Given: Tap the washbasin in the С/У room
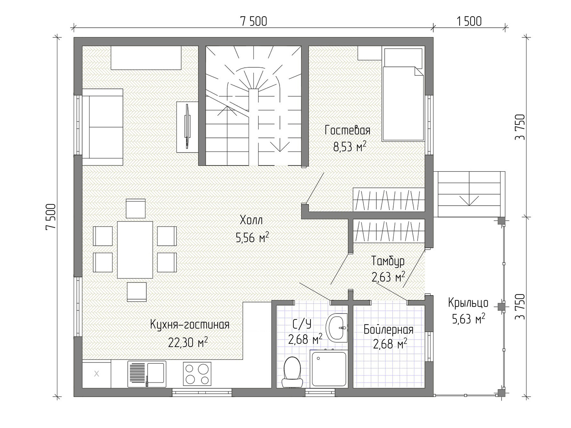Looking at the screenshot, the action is (337, 328).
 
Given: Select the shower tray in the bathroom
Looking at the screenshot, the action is (329, 369).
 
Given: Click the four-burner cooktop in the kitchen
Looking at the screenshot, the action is (197, 374).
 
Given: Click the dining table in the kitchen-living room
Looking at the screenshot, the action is (135, 250).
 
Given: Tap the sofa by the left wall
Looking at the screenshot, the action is (102, 127).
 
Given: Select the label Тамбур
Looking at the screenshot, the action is (387, 261).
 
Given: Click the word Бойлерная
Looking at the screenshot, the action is (388, 329).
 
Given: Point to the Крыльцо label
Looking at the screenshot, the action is (468, 303).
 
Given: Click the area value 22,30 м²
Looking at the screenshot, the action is (188, 342).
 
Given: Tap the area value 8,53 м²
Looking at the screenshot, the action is (350, 147).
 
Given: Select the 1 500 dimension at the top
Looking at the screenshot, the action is (469, 21).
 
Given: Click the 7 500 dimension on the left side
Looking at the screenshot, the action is (51, 217).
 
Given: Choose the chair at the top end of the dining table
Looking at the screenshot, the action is (136, 208).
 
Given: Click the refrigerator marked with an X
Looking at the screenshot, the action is (96, 374).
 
